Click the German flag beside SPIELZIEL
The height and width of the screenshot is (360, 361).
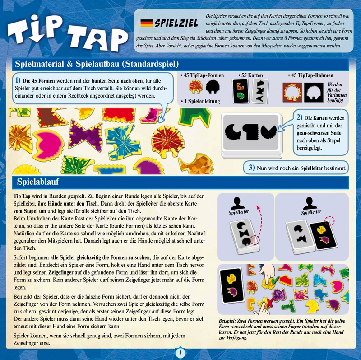[x=147, y=23]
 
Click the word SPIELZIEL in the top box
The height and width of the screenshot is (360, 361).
[x=176, y=23]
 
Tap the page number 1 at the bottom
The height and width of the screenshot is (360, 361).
[x=180, y=352]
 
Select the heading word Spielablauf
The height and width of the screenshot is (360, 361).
[x=38, y=182]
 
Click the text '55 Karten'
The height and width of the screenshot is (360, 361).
[x=252, y=75]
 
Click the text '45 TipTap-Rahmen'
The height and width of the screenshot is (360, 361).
[x=311, y=75]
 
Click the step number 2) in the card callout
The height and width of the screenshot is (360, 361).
[x=299, y=117]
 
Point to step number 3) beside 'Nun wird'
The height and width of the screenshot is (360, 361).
[x=252, y=167]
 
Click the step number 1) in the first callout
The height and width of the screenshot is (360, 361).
[x=18, y=80]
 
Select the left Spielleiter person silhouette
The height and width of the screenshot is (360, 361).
[x=238, y=203]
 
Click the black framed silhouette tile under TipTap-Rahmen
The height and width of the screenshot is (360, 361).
[x=314, y=93]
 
